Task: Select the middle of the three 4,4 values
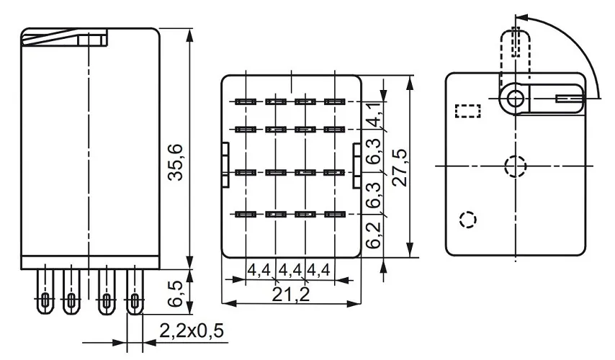click(290, 271)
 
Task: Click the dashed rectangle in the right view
click(468, 110)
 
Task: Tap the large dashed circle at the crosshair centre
click(515, 166)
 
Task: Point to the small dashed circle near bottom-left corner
click(467, 219)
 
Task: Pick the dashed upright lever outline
click(516, 43)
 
